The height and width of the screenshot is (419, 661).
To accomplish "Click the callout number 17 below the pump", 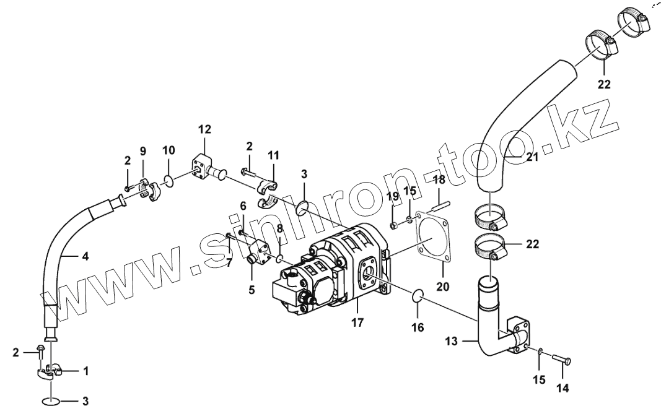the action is tap(357, 322).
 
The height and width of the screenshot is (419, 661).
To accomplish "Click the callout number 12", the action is tap(204, 129).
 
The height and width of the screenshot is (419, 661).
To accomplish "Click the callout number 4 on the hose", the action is tap(85, 255).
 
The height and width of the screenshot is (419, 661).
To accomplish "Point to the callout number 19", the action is tap(393, 197).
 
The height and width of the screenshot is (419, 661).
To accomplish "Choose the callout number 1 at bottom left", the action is tap(85, 371).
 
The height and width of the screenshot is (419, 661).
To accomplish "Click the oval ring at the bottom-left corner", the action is tap(51, 402).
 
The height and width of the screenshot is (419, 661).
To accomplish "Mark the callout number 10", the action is tap(169, 150).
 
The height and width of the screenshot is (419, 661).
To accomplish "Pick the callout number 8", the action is tap(279, 228).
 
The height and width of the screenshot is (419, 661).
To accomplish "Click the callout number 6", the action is tap(243, 205).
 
